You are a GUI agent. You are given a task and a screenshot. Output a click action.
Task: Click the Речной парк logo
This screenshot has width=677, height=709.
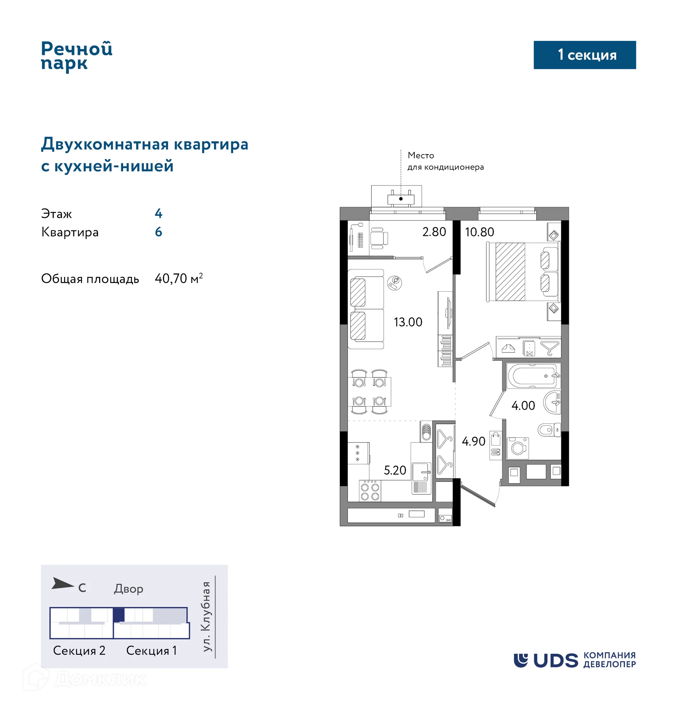coord(77,56)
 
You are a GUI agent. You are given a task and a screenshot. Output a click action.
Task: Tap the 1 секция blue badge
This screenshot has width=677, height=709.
coord(584,55)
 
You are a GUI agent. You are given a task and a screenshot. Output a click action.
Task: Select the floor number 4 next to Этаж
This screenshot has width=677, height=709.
coord(158,213)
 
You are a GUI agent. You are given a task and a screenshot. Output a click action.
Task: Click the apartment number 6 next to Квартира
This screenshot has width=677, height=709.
coord(158,232)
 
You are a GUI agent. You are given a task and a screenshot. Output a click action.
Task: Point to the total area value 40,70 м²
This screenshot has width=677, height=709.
coord(178,279)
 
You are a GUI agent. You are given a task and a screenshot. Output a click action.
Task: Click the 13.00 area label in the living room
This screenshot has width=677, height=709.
coord(408,322)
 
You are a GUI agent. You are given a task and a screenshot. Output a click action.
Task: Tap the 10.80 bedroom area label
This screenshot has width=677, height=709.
coord(479,232)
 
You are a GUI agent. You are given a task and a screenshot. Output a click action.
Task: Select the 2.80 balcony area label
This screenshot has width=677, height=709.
coord(434,232)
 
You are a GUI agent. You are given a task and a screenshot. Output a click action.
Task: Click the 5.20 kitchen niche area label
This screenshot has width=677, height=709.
coord(395,470)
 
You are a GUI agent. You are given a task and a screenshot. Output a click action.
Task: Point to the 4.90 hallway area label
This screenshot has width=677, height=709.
coord(474,441)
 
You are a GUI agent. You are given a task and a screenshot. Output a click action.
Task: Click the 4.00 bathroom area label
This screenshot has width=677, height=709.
coord(523,405)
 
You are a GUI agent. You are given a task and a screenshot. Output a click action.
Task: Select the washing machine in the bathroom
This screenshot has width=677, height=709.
coord(518,448)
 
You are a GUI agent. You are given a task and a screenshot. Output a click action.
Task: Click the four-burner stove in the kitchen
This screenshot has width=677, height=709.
coord(370,491)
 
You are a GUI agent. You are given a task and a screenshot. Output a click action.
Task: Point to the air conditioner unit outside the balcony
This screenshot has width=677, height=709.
coord(401,199)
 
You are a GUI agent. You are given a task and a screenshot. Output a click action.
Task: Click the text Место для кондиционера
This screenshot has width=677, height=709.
coord(445,161)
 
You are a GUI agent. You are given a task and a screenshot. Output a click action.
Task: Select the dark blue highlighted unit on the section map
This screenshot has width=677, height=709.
coord(119,615)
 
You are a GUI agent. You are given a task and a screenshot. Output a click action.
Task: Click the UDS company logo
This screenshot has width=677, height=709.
coord(574,660)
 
